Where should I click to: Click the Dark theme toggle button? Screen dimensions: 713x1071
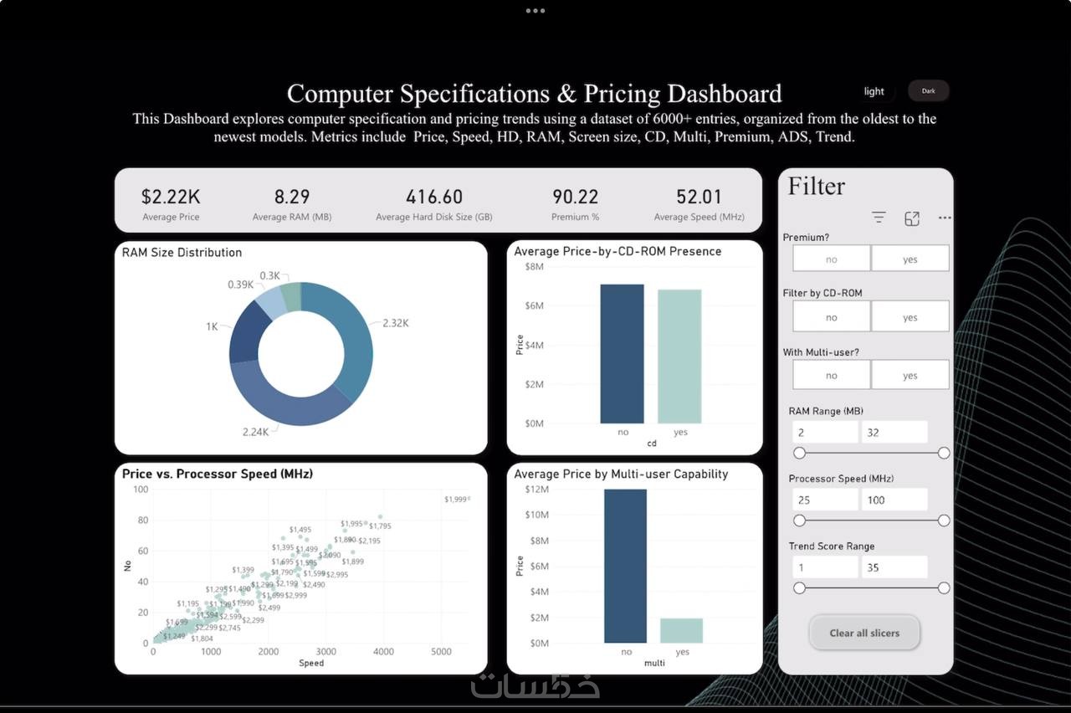[x=928, y=90]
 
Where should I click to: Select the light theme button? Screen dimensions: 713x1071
[x=874, y=91]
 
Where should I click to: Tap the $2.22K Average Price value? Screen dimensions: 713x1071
[x=171, y=197]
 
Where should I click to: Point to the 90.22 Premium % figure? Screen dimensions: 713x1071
[x=575, y=197]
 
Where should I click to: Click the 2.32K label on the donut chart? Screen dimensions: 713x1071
[x=396, y=323]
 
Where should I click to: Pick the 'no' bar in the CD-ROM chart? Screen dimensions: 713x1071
[x=622, y=354]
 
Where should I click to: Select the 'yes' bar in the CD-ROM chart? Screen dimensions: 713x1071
[x=679, y=356]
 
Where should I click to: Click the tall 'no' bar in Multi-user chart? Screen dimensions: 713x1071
[x=626, y=566]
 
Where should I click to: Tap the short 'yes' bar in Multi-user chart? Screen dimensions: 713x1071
[x=682, y=630]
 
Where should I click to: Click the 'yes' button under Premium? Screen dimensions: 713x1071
[x=910, y=259]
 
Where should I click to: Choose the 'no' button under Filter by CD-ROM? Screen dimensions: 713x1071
[x=831, y=317]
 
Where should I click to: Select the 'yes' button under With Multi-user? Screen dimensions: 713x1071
[x=910, y=376]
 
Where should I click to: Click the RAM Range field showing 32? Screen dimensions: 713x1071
[x=894, y=432]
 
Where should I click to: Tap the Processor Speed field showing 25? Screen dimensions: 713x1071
[x=825, y=500]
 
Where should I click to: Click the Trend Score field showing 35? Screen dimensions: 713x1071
[x=894, y=567]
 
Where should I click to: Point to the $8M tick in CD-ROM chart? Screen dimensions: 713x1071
[x=533, y=266]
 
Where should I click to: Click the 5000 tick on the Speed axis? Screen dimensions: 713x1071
[x=441, y=652]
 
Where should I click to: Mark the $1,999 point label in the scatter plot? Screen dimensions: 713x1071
[x=455, y=499]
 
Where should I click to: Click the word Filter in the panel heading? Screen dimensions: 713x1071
[x=817, y=186]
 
